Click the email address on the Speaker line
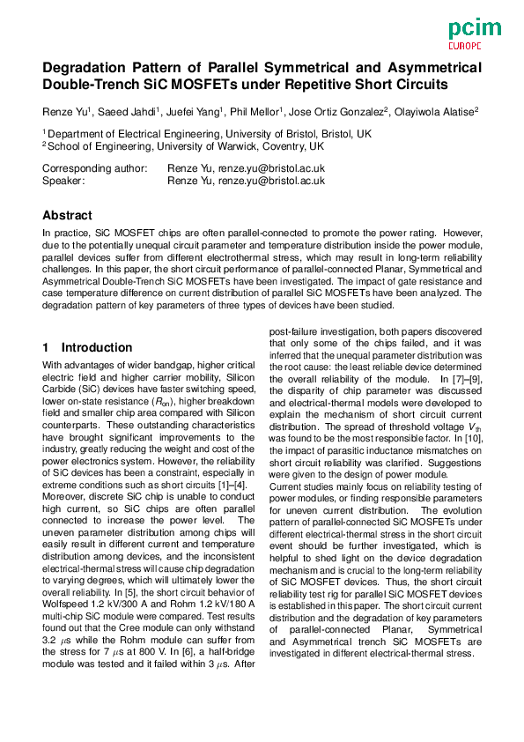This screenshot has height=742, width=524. click(272, 180)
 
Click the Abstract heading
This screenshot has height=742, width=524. click(67, 215)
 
